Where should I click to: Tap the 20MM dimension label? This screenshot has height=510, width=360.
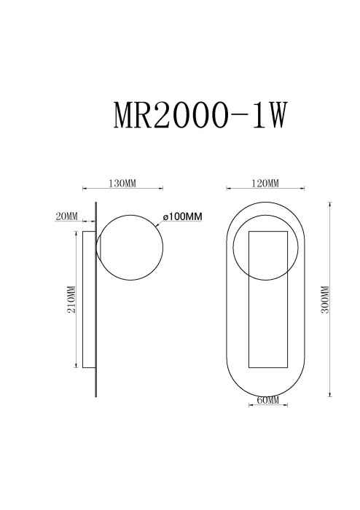click(x=66, y=216)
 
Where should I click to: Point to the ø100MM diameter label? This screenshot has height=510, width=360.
click(x=182, y=216)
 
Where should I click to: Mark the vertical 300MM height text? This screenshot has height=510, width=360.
click(x=325, y=299)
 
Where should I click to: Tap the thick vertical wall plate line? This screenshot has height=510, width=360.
click(x=96, y=299)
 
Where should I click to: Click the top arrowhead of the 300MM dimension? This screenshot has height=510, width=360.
click(x=332, y=204)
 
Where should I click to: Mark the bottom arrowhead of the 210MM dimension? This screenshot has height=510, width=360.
click(x=76, y=364)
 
